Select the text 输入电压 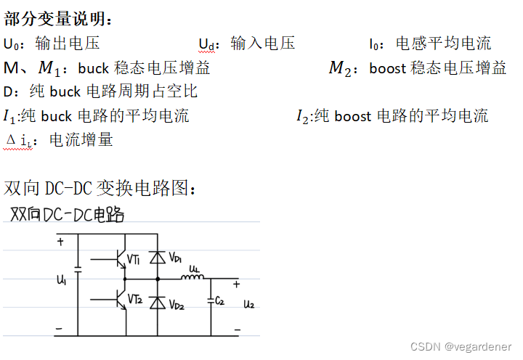click(263, 44)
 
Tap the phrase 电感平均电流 click(443, 44)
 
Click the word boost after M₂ click(388, 69)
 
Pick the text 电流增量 click(81, 140)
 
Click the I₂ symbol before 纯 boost click(303, 116)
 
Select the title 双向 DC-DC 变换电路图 click(100, 189)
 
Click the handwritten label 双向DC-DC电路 click(67, 215)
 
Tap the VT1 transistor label click(134, 259)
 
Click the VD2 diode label click(177, 306)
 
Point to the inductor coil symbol click(195, 277)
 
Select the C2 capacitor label click(220, 300)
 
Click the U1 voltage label click(62, 279)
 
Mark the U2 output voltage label click(249, 303)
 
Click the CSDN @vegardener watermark click(461, 348)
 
